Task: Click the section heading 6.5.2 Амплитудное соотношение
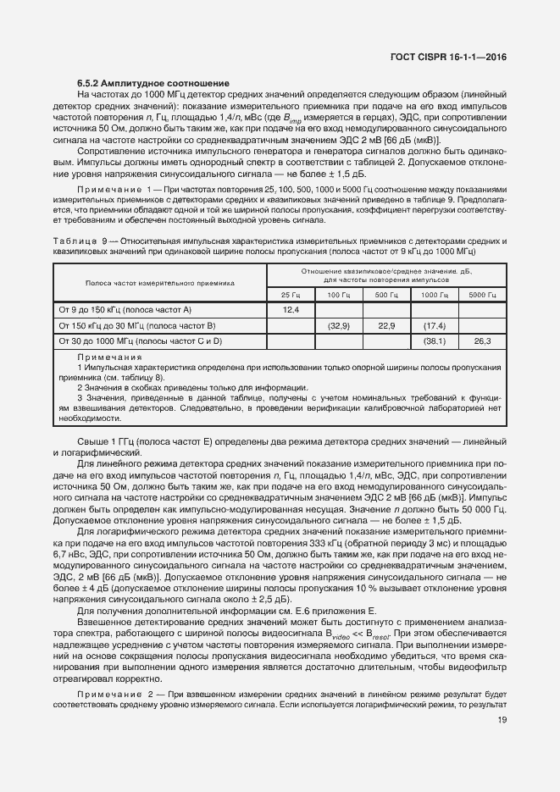[x=154, y=83]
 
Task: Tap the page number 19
[x=502, y=720]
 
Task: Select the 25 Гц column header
[x=291, y=294]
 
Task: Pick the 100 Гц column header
[x=339, y=294]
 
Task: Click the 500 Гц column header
[x=386, y=294]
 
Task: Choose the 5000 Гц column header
[x=482, y=294]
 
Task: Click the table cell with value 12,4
[x=291, y=310]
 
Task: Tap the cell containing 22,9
[x=386, y=325]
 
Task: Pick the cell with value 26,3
[x=482, y=341]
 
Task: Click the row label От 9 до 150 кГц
[x=125, y=310]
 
